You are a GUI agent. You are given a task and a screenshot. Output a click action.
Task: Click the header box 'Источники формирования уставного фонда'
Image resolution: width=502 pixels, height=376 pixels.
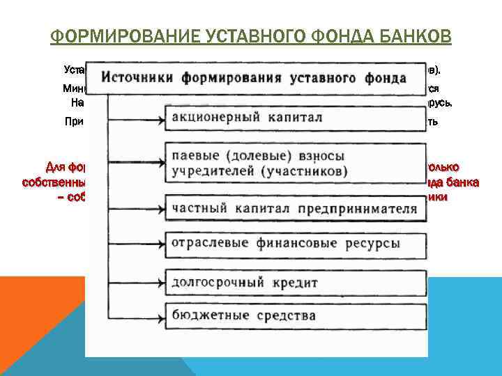pyautogui.click(x=260, y=77)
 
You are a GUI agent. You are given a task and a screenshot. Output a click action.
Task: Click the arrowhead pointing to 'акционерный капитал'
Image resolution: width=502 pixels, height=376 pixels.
pyautogui.click(x=162, y=117)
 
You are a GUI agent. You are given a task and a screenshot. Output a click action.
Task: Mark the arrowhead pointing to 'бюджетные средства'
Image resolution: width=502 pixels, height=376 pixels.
pyautogui.click(x=162, y=315)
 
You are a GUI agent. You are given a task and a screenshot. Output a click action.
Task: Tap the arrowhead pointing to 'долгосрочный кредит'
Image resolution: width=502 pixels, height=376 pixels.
pyautogui.click(x=162, y=282)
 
